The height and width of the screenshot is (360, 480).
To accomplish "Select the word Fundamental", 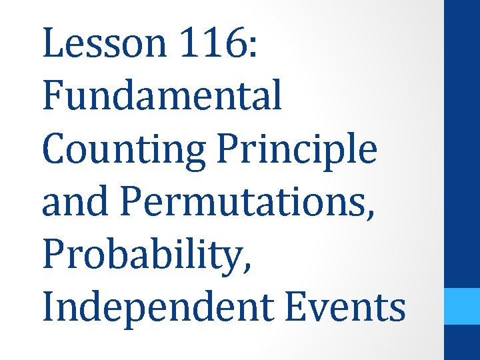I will click(x=162, y=95).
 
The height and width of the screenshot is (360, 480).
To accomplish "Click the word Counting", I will click(x=123, y=149).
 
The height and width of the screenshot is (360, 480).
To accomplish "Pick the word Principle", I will click(x=296, y=149).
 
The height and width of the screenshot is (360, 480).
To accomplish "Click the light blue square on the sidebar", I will click(x=462, y=306).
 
